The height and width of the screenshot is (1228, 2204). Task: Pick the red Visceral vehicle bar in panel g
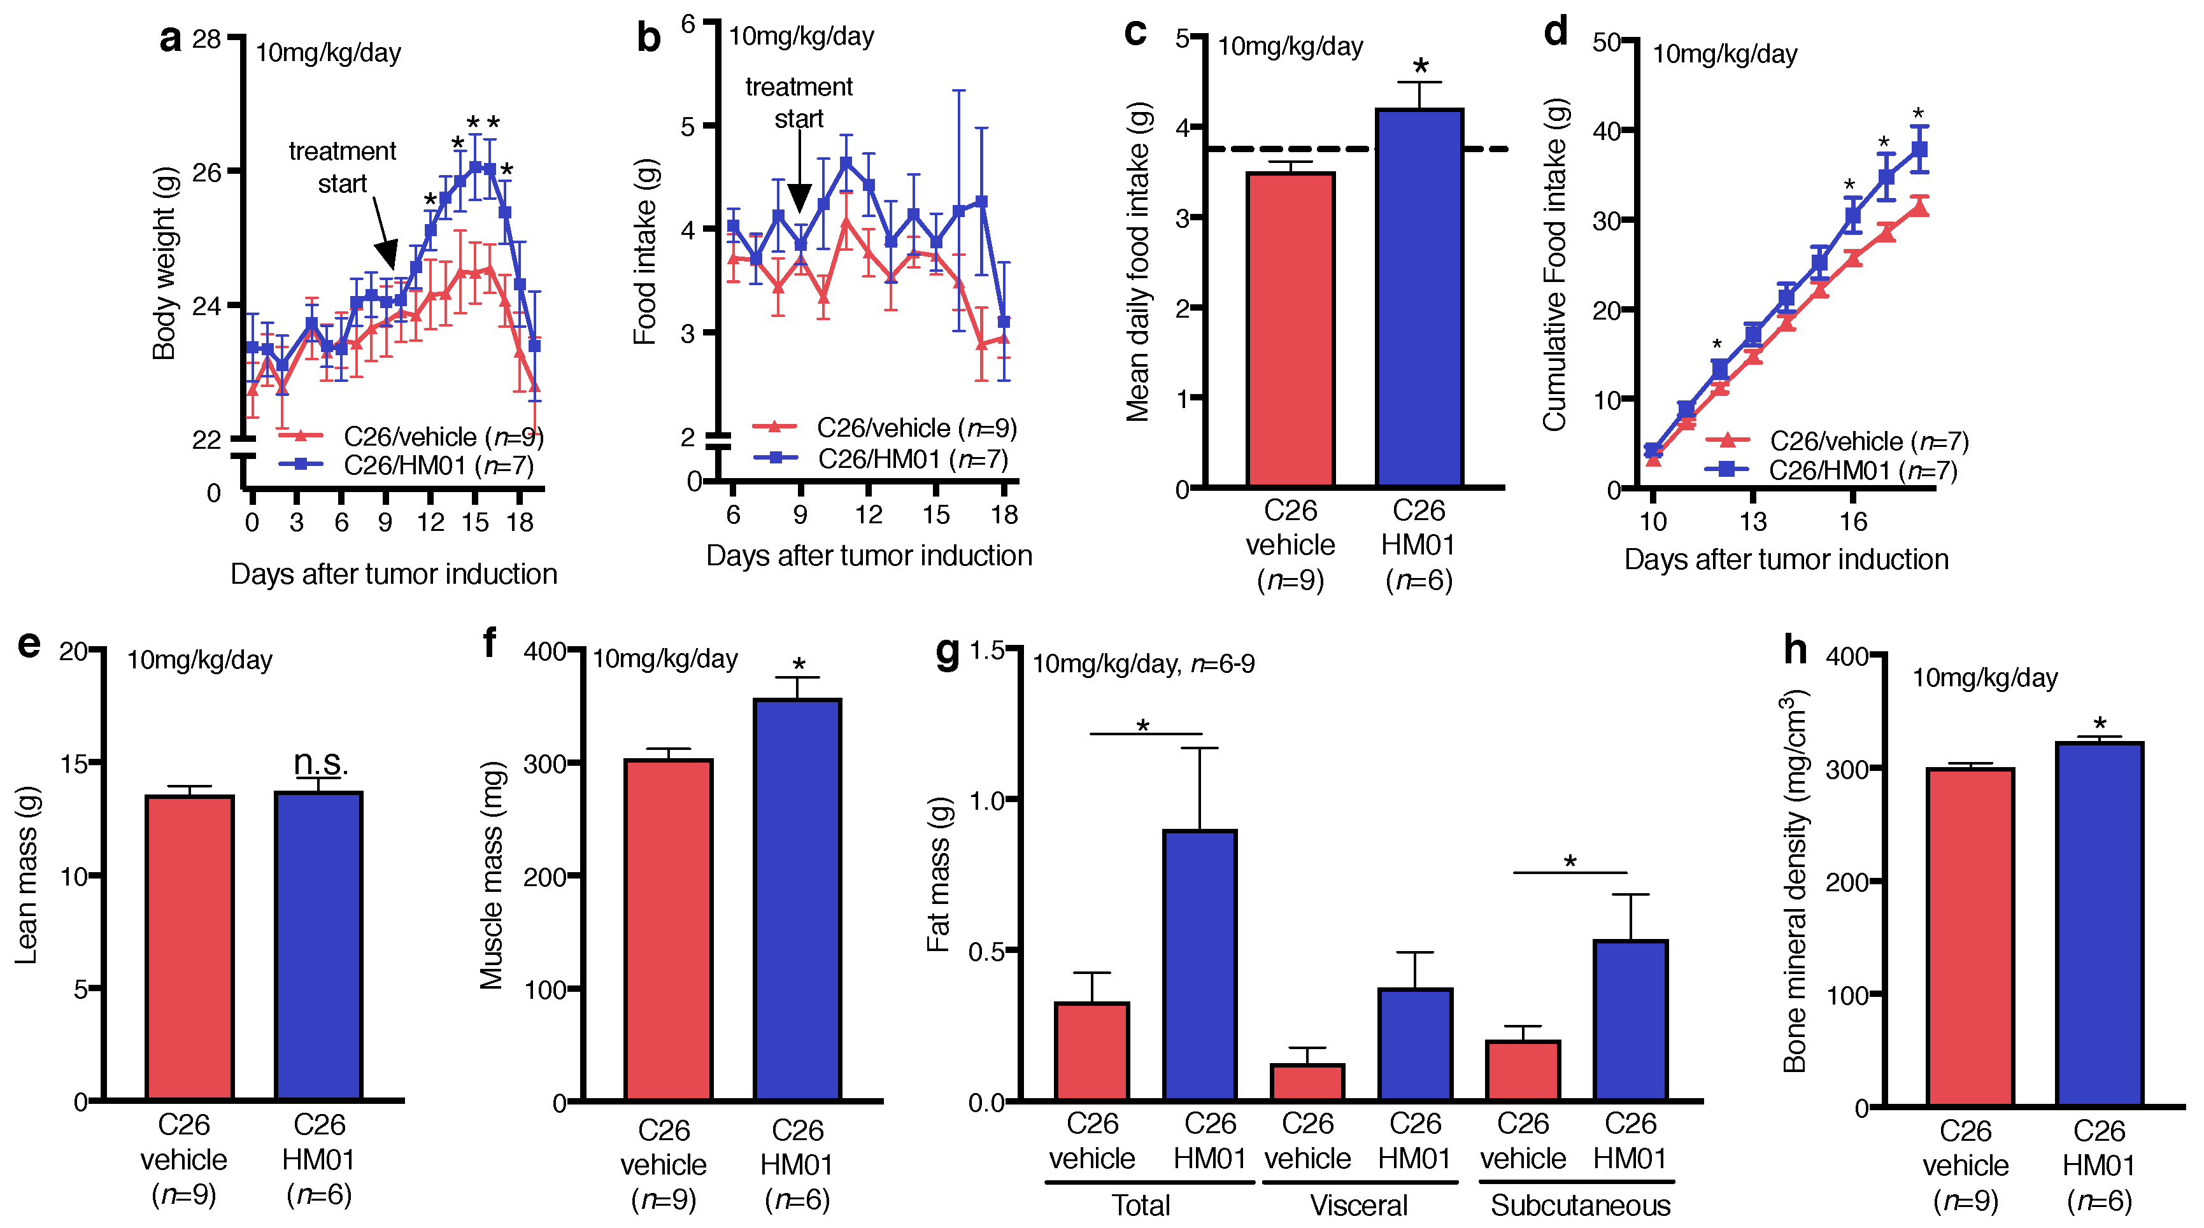(x=1307, y=1082)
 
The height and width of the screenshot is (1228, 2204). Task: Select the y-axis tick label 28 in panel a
(x=207, y=39)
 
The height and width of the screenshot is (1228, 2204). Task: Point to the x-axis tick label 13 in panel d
(x=1753, y=521)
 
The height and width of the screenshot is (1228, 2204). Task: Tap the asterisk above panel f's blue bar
(x=799, y=665)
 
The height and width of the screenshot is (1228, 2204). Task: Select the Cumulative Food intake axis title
(x=1554, y=265)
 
